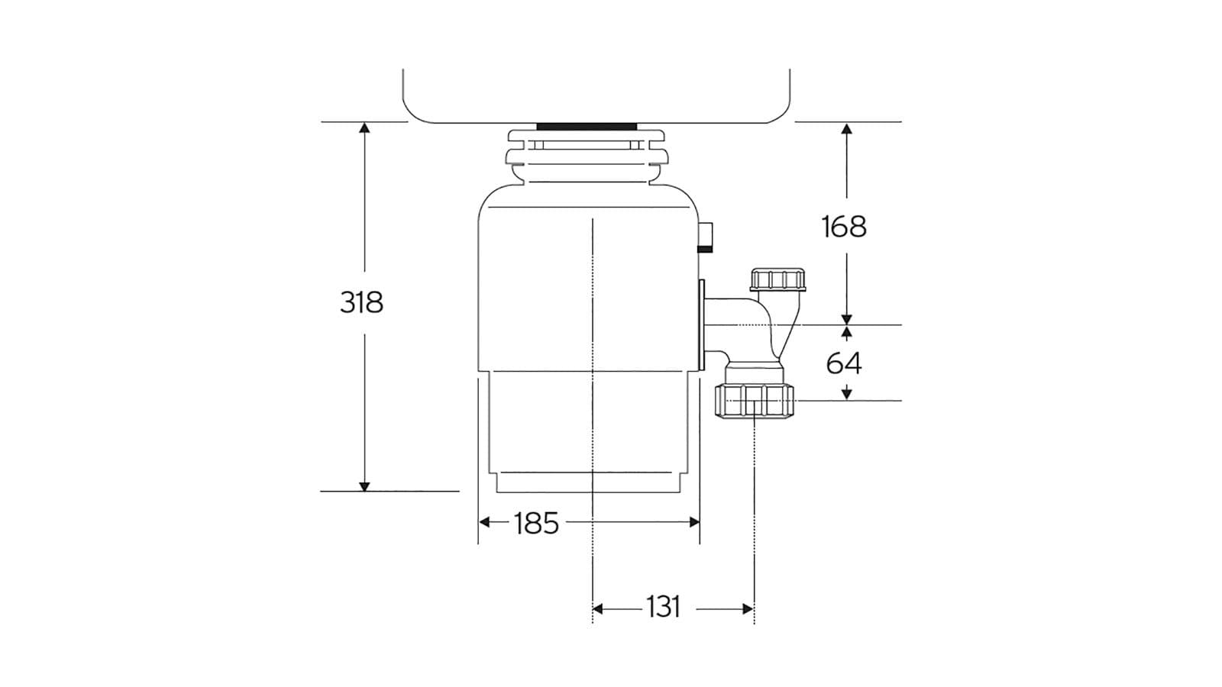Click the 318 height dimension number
click(361, 302)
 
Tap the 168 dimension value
click(844, 227)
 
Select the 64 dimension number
click(844, 363)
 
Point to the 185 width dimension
click(536, 524)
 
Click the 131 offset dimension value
click(663, 608)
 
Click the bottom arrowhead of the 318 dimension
click(364, 486)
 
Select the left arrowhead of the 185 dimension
click(484, 522)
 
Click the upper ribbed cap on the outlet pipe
click(777, 279)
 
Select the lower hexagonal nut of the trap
click(755, 400)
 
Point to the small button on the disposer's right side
click(707, 237)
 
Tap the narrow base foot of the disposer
click(588, 483)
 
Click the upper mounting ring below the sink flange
click(587, 138)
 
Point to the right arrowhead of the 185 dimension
click(694, 522)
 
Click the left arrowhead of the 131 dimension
click(598, 608)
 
